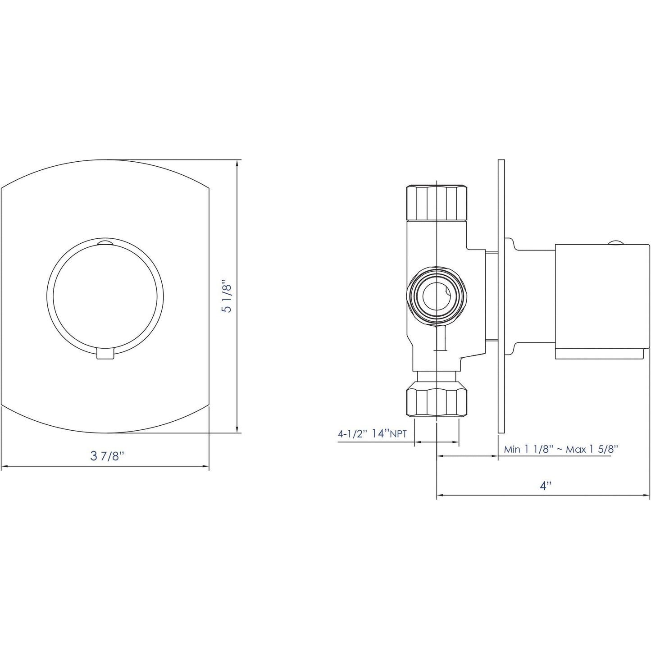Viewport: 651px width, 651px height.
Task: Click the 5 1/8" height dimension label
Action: pyautogui.click(x=228, y=297)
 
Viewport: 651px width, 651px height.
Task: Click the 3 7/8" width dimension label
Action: pyautogui.click(x=107, y=455)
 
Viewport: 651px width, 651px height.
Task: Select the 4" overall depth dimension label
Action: pyautogui.click(x=546, y=486)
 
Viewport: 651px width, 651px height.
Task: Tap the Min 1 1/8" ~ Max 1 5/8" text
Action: pyautogui.click(x=560, y=449)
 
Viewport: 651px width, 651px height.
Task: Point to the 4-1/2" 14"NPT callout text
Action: pyautogui.click(x=372, y=434)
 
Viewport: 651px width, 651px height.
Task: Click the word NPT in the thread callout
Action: pyautogui.click(x=398, y=435)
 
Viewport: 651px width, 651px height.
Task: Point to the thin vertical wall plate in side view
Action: pyautogui.click(x=501, y=297)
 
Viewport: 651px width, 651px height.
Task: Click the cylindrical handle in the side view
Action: pyautogui.click(x=601, y=302)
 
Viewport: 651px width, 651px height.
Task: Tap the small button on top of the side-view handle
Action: pyautogui.click(x=615, y=243)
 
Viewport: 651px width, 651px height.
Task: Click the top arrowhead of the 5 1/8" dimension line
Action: pyautogui.click(x=237, y=163)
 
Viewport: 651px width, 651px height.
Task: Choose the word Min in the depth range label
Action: pyautogui.click(x=512, y=449)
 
